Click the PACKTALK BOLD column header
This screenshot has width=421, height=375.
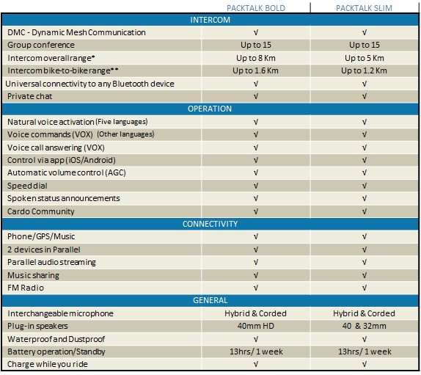point(256,8)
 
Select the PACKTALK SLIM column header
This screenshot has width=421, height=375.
point(364,8)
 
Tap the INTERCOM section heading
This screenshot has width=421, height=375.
point(210,20)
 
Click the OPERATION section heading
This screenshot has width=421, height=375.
point(210,109)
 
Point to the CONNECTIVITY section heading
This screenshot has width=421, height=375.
point(210,224)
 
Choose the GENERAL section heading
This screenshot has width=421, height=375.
point(210,300)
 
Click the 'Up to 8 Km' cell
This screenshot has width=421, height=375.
point(256,58)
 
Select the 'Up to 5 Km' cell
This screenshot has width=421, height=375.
point(365,58)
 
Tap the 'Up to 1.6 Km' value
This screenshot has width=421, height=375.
point(255,70)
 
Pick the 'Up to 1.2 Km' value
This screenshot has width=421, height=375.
point(364,70)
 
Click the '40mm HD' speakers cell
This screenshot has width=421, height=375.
point(256,326)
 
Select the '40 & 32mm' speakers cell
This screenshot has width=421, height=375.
point(365,326)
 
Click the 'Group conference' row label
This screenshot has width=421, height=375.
point(41,45)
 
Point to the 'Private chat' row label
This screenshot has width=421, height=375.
point(30,96)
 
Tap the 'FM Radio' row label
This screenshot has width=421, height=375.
point(26,288)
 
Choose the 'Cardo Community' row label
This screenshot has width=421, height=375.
point(41,211)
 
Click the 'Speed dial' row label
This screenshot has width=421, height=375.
point(27,186)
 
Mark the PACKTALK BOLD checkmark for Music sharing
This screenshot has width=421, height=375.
point(256,275)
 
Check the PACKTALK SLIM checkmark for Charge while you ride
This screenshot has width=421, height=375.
point(365,364)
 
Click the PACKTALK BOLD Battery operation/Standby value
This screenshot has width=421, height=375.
point(256,352)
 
